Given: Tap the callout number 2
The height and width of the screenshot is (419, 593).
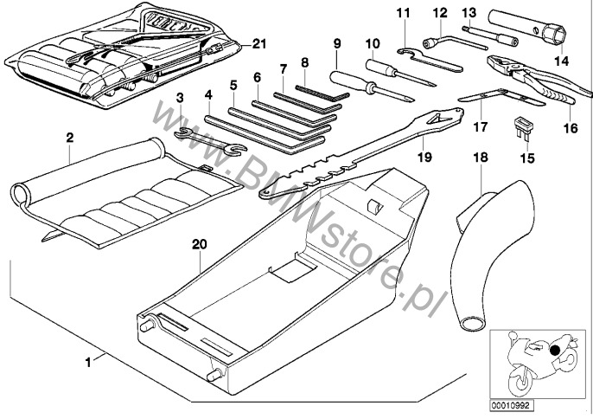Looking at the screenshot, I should [x=70, y=136].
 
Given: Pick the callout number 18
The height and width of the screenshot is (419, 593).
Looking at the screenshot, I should [x=481, y=158].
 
